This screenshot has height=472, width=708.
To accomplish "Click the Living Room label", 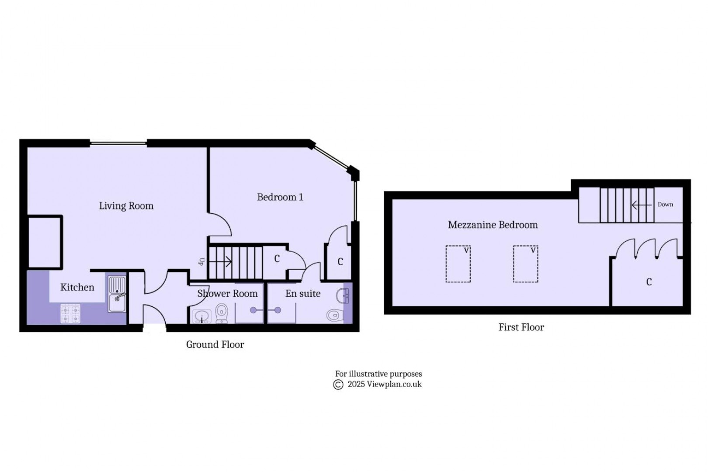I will pos(126,206).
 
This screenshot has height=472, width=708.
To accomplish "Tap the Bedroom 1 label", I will pos(280,197).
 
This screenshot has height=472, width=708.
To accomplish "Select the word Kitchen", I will pos(77,287).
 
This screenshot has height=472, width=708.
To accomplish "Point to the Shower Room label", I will pos(227,294).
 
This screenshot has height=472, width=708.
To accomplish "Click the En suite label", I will pos(303,294).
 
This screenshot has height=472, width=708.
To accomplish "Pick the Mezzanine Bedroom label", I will pos(493,225).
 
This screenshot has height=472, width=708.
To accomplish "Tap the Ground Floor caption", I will pos(215,344).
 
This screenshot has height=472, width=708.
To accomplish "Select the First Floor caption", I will pos(521,327).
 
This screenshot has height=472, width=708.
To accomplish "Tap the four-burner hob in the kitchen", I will pos(70,313).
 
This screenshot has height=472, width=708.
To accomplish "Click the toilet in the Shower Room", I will pos(222,314).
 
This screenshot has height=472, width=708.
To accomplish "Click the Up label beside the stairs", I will pos(201,262).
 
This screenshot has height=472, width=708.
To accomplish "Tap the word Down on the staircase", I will pos(665,205).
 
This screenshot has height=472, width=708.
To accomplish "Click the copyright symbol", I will pos(338,385).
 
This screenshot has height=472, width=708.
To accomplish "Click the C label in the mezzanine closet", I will pos(649,282).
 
